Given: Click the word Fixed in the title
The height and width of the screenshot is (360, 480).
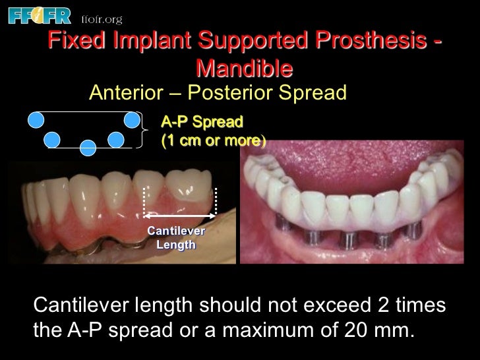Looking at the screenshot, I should click(x=74, y=42).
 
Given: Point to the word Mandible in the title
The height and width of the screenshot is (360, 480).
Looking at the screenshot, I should click(x=244, y=67).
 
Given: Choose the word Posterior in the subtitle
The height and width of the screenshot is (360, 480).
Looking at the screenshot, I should click(x=245, y=92).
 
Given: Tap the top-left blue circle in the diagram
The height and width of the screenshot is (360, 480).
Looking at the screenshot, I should click(x=36, y=119).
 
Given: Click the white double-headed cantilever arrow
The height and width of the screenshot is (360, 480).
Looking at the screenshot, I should click(x=181, y=216).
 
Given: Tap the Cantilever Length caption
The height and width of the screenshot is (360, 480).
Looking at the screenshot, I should click(x=176, y=237).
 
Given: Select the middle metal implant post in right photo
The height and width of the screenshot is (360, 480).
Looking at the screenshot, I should click(x=349, y=237).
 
